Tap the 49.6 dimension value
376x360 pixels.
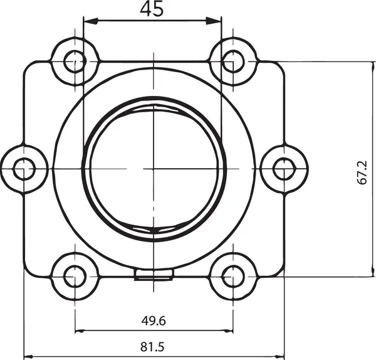[154, 320]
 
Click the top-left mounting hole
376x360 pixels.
[75, 61]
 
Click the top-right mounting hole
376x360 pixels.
[232, 61]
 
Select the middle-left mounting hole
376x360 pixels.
[24, 168]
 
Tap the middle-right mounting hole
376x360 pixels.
[283, 168]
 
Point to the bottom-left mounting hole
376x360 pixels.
[75, 275]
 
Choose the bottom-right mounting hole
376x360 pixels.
[232, 275]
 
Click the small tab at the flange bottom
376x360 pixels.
[154, 274]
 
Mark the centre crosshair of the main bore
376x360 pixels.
[154, 168]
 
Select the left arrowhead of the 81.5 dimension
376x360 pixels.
[28, 357]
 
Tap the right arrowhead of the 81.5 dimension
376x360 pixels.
[280, 357]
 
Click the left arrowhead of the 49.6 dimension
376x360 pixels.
[79, 331]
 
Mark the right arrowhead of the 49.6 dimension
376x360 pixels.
[229, 331]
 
